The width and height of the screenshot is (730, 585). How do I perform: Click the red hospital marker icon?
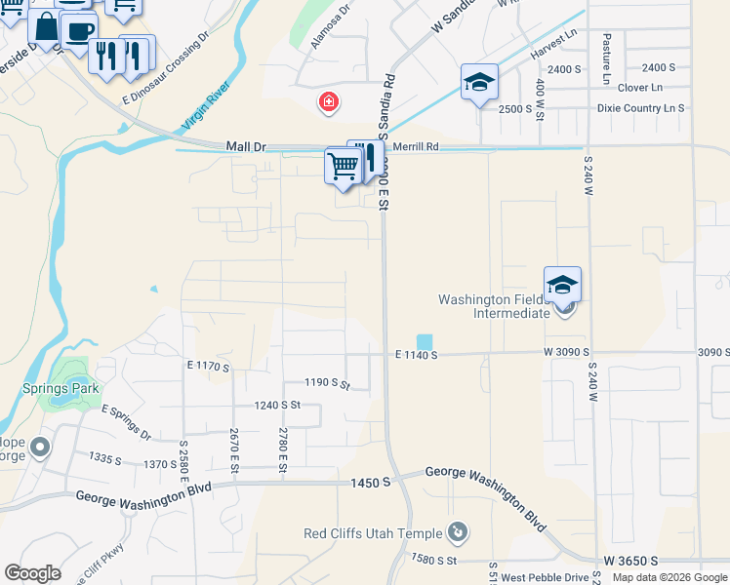330,101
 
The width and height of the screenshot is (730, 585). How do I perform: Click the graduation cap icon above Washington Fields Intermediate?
562,284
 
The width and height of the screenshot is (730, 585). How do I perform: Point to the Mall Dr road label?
245,146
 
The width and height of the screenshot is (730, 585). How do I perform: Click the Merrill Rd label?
416,147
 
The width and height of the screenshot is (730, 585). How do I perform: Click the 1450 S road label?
372,483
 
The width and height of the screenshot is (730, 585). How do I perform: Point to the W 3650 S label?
630,561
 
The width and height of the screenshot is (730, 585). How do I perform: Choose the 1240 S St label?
276,405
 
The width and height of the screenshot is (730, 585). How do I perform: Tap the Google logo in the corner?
32,572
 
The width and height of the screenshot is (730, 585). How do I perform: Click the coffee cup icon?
77,29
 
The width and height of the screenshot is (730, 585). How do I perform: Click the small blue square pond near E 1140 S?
425,342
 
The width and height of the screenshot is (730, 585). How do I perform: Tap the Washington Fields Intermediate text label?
494,306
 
